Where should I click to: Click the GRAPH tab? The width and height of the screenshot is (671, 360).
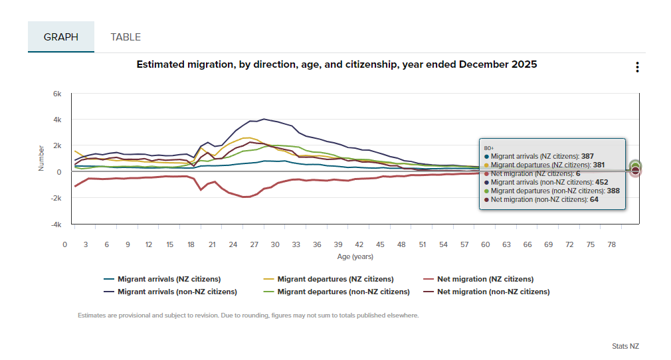(61, 37)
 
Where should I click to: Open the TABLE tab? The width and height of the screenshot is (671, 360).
(126, 37)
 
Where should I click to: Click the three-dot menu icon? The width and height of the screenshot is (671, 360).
(637, 67)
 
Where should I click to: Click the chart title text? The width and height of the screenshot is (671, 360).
(336, 65)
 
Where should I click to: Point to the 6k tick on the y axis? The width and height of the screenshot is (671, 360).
(57, 94)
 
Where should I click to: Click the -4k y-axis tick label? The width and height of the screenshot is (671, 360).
(56, 225)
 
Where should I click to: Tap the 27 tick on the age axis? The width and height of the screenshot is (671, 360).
(254, 245)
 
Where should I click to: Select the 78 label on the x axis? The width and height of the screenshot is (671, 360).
(611, 245)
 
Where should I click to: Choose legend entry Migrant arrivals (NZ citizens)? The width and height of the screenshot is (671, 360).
(169, 279)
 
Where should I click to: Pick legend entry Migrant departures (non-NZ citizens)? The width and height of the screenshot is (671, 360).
(343, 292)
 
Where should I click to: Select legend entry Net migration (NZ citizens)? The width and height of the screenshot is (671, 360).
(485, 279)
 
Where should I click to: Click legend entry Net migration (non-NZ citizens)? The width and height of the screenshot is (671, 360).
(493, 292)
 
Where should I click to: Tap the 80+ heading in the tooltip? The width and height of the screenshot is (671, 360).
(489, 148)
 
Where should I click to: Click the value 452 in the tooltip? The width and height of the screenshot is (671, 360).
(601, 182)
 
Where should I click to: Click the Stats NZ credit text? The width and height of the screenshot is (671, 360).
(625, 346)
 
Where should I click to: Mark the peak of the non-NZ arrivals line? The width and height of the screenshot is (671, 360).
(264, 119)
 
